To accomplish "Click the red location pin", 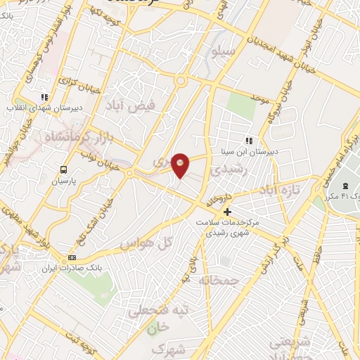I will [x=181, y=165].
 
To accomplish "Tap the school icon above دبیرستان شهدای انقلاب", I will [x=44, y=97].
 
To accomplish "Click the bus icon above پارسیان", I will [x=64, y=169].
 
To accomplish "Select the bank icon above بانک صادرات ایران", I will [x=72, y=258].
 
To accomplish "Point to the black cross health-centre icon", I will [x=226, y=212].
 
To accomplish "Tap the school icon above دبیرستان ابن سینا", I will [x=248, y=140].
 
